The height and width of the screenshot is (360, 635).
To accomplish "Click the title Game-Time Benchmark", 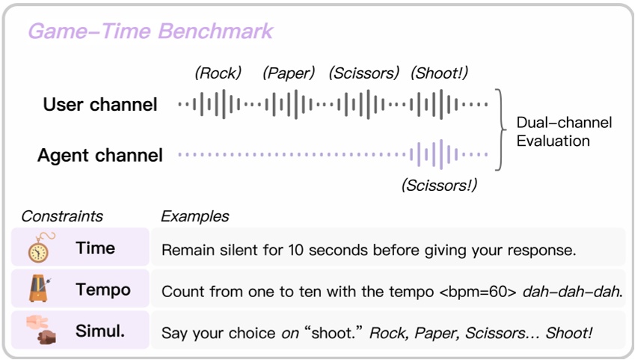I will click(x=150, y=31).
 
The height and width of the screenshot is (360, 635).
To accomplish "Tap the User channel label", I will click(x=100, y=105).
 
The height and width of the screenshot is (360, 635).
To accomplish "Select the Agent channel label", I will click(x=99, y=156).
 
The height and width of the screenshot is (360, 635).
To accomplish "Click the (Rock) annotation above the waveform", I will click(x=218, y=73).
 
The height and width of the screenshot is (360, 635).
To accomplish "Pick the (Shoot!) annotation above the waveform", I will click(x=439, y=73).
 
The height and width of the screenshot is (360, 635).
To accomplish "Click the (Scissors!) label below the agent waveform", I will click(x=439, y=185).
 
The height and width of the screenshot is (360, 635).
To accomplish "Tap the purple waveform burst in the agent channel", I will click(x=435, y=155).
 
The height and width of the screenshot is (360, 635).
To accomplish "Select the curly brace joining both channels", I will click(x=503, y=129).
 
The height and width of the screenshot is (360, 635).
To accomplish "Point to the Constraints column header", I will click(x=62, y=216).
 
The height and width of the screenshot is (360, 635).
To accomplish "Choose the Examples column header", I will click(x=194, y=216).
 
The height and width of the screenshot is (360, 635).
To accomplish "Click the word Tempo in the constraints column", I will click(x=103, y=290).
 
